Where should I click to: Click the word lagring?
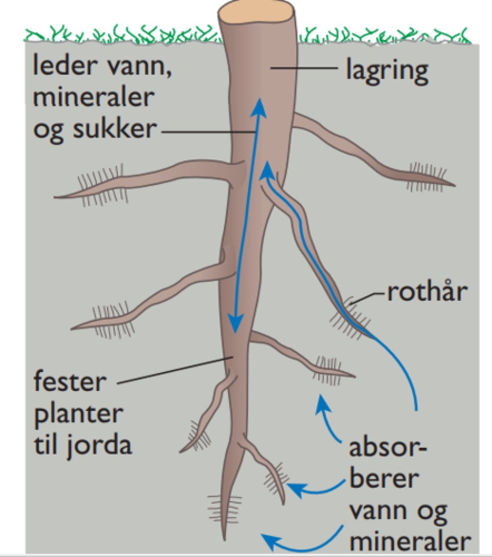(x=387, y=71)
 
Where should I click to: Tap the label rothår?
(x=427, y=292)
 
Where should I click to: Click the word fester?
(x=70, y=382)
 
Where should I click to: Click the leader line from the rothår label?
(x=369, y=296)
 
